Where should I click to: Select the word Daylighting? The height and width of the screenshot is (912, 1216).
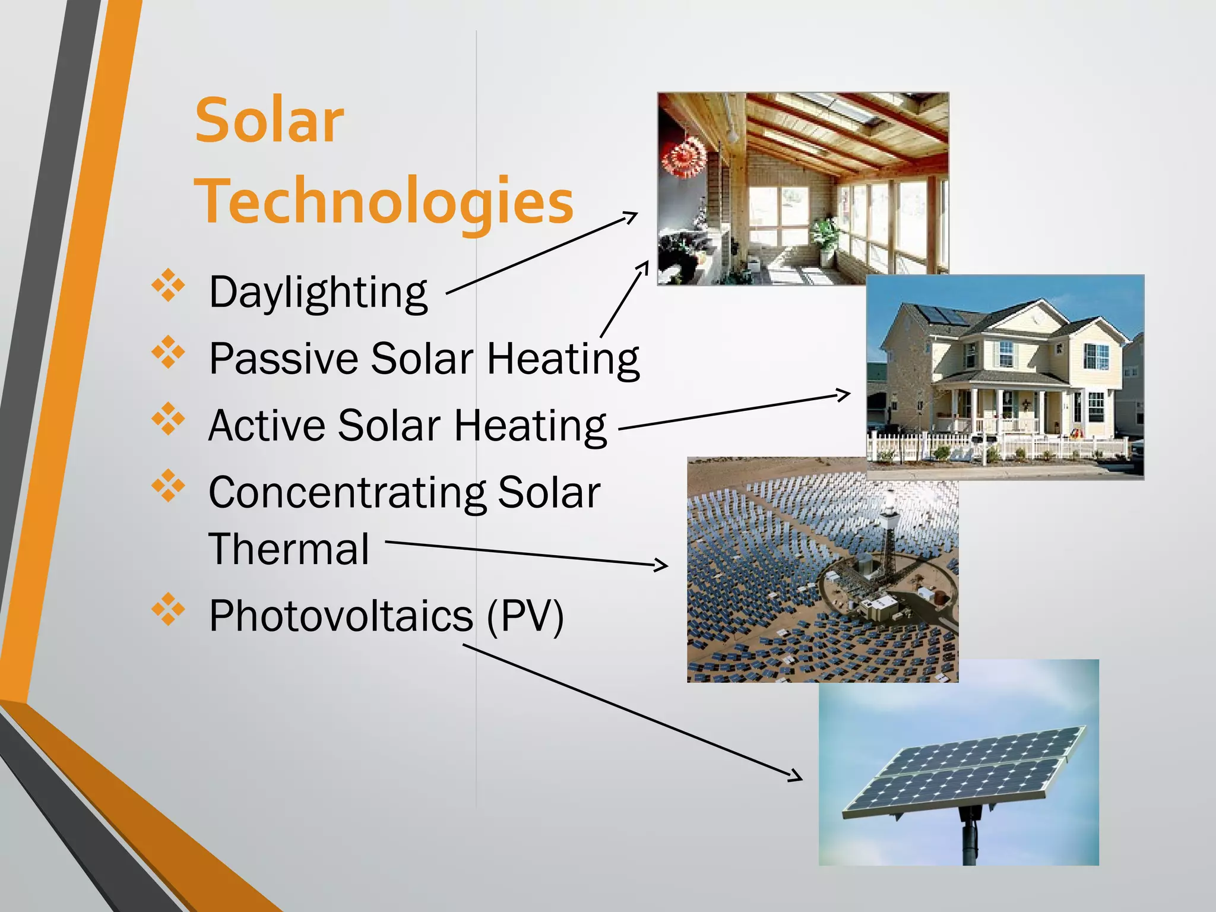point(318,292)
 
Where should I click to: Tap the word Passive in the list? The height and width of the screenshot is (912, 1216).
point(283,359)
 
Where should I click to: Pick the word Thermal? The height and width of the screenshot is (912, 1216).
point(289,549)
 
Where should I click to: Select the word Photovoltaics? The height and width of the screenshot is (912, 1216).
point(341,616)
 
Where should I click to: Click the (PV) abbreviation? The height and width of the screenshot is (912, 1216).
point(524,616)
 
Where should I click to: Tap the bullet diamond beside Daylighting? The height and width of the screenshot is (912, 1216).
point(169,286)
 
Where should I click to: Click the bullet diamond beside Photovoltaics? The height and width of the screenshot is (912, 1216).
point(169,609)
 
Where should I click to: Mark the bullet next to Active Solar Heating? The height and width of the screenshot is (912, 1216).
point(169,419)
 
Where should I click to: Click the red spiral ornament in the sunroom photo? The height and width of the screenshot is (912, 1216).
point(685,157)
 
